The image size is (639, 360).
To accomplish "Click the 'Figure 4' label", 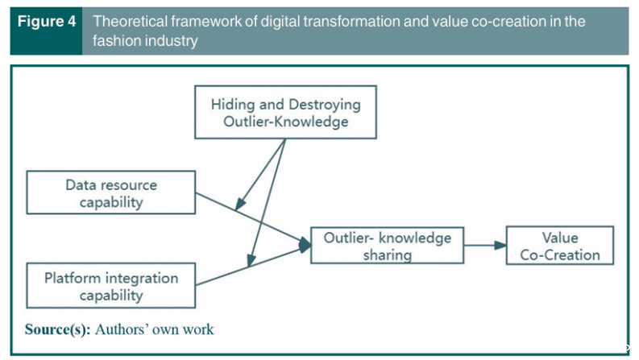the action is (47, 22).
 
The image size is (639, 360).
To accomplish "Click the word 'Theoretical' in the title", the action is (127, 21).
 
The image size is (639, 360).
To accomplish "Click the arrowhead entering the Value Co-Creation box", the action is (500, 245).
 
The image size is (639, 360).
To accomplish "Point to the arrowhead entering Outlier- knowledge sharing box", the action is (305, 245).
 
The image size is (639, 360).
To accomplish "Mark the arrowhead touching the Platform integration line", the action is (251, 260).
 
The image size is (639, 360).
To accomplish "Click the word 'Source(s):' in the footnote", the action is (57, 329).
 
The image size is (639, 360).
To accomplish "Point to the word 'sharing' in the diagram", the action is (388, 255).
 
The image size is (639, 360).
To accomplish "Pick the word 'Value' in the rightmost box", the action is (560, 238).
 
